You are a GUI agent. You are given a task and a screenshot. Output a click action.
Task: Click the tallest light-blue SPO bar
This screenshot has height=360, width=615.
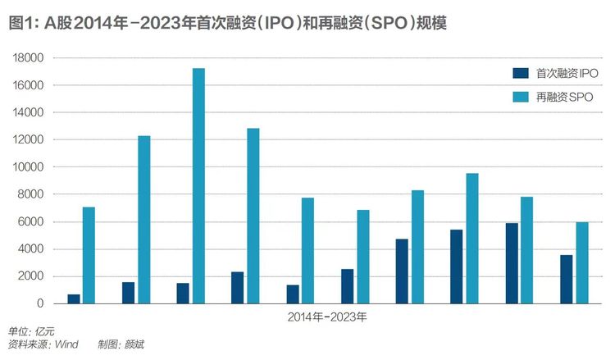pos(198,186)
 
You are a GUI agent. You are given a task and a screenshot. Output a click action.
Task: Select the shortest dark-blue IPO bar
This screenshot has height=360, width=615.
pos(74,298)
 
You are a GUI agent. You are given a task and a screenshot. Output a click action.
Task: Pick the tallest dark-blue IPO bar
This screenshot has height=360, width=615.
pos(512,263)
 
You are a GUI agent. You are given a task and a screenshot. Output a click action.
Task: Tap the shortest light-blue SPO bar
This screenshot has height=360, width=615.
pos(582,262)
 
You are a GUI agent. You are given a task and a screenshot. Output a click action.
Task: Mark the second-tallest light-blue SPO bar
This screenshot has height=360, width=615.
pos(253,216)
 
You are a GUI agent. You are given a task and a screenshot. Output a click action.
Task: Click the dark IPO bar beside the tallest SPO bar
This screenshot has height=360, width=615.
pos(183,294)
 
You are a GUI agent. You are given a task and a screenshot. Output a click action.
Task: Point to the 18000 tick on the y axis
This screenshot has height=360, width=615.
pos(28,58)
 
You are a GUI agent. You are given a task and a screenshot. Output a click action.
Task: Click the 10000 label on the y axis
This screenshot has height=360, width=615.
pos(28,167)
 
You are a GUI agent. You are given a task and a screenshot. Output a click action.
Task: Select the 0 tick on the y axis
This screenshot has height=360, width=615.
pos(40,303)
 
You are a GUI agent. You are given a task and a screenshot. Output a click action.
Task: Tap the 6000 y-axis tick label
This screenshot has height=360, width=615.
pos(30,221)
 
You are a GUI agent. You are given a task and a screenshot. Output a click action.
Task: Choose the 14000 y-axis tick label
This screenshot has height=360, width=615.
pos(28,112)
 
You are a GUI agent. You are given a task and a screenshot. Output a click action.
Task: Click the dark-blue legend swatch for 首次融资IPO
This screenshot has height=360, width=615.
pos(521,73)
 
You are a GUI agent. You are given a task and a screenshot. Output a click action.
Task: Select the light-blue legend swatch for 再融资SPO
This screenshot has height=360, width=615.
pos(521,98)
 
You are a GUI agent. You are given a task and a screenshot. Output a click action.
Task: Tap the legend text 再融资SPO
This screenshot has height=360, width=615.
pos(564,98)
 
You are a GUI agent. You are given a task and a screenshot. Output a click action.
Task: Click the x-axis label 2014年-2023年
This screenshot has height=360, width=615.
pos(327,317)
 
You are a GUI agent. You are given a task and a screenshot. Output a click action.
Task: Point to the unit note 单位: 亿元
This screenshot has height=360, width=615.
pos(31,332)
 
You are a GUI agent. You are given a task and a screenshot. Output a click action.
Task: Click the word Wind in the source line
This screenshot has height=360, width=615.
pos(66,344)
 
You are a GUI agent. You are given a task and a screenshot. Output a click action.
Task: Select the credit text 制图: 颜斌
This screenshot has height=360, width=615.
pos(121,344)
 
